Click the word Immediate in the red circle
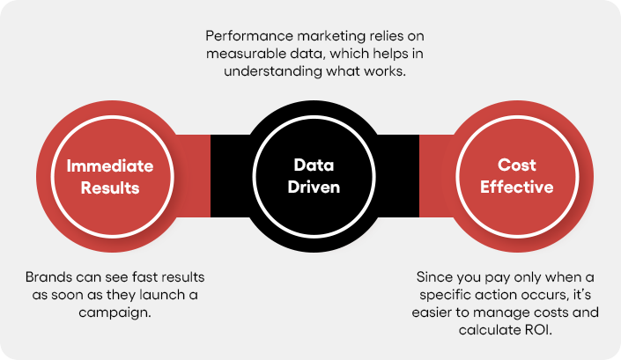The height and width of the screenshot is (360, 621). tap(110, 166)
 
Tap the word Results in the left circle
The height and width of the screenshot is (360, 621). tap(110, 187)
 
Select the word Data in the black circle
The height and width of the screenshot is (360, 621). tap(314, 165)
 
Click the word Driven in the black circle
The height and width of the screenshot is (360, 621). tap(314, 187)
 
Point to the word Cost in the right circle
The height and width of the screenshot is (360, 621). tap(517, 165)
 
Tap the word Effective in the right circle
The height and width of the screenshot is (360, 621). tap(517, 187)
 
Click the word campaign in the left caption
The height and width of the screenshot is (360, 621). tap(114, 313)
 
